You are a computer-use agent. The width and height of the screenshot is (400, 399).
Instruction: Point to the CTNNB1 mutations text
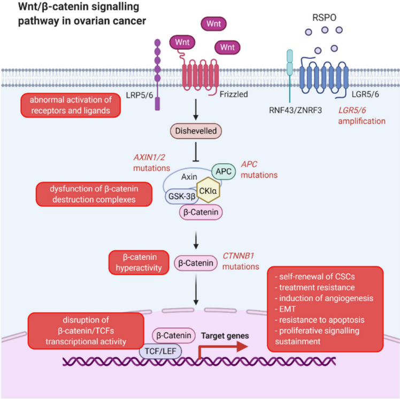point(241,261)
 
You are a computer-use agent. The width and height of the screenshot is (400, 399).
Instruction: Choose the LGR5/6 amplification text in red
point(361,116)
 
